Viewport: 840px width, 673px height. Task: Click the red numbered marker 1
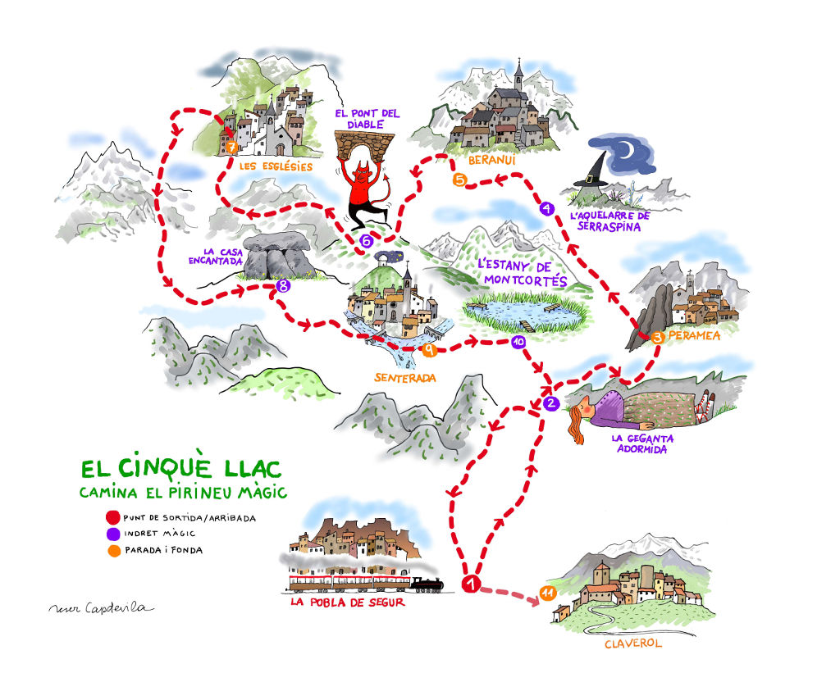click(471, 584)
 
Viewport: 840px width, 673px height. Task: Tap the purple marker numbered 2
click(551, 402)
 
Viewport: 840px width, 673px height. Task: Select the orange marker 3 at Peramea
click(656, 337)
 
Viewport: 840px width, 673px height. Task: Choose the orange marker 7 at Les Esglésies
click(231, 148)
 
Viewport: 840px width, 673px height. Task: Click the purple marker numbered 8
click(284, 286)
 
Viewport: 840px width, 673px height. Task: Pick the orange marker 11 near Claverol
click(547, 593)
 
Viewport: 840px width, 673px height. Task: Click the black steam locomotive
click(427, 584)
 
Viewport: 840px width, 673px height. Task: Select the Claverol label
click(632, 643)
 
